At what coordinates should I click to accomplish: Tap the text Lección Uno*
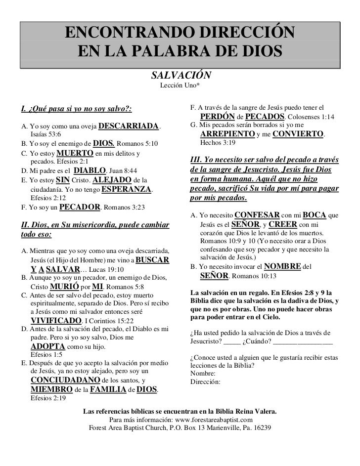179,86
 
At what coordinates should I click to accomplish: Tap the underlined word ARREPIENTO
227,134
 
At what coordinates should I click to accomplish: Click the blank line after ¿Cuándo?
303,341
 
